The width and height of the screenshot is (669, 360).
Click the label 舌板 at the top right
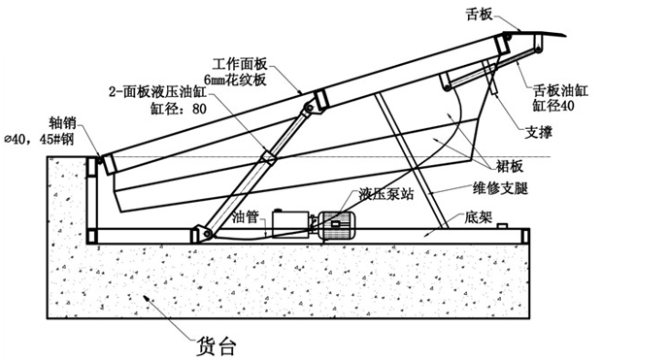479,15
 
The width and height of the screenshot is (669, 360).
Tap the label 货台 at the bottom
216,345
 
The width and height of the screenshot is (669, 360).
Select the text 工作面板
240,64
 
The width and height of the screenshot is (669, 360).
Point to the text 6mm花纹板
236,80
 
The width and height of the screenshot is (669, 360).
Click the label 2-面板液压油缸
158,92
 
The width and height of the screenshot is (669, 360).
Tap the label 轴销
63,122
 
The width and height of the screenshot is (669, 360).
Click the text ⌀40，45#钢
39,139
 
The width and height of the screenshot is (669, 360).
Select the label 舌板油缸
560,90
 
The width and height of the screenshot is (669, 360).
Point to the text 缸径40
553,105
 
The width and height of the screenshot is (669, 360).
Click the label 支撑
539,132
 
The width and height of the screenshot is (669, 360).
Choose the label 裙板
510,166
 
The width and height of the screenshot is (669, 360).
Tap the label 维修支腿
500,188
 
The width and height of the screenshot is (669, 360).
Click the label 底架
479,217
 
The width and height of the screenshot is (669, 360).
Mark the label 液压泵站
386,194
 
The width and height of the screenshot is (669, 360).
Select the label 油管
246,217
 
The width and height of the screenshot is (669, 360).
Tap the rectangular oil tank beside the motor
291,223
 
